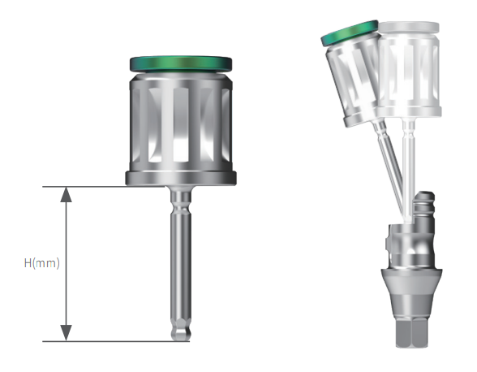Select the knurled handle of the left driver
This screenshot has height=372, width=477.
coord(179,122)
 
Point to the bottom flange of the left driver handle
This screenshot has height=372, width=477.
coord(179,179)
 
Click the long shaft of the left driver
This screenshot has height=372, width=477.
coord(179,260)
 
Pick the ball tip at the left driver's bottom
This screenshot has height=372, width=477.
coord(179,334)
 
